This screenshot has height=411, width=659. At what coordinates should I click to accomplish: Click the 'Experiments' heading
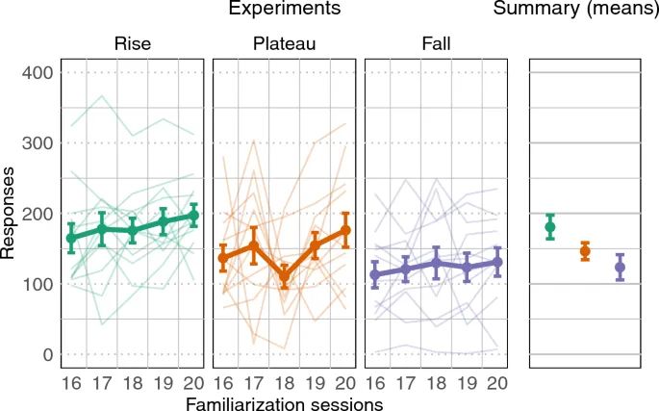coord(284,10)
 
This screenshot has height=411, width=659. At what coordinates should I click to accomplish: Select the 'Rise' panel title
coord(131,44)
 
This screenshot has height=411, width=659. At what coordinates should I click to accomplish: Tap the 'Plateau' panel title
coord(284,44)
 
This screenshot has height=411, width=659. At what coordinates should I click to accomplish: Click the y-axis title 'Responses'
coord(10,214)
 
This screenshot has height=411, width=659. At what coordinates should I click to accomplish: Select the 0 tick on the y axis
coord(44,355)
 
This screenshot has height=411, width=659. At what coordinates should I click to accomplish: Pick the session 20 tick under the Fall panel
coord(496,380)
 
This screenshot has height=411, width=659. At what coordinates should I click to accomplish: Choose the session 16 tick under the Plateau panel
coord(223,380)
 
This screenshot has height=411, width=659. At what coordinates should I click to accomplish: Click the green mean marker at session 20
coord(192,217)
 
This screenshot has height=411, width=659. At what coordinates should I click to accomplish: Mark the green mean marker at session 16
coord(70,238)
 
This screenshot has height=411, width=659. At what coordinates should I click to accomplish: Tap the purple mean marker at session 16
coord(375,274)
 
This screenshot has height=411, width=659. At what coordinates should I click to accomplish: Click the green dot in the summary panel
coord(550,227)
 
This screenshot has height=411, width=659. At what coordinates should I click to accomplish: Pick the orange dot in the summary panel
coord(584,251)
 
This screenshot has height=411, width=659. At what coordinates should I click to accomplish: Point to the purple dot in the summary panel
coord(620,268)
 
